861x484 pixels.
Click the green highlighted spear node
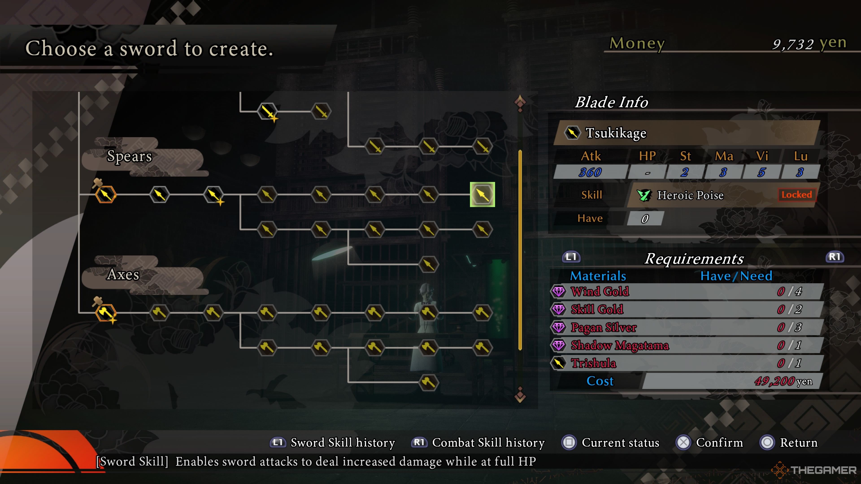point(482,194)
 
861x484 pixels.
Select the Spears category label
point(129,156)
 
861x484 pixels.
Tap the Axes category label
point(123,274)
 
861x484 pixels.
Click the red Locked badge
point(796,194)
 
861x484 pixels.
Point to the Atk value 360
point(590,172)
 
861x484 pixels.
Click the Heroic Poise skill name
point(690,195)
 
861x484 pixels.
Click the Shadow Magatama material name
point(620,345)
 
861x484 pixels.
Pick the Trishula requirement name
point(593,363)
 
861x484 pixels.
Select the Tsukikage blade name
point(616,133)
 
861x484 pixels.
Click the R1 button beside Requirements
point(835,257)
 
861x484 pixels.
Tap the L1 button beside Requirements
point(571,257)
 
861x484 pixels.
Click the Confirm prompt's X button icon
point(683,443)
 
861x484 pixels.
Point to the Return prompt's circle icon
point(767,443)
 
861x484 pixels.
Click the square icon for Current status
point(569,443)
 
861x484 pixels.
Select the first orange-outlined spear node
point(106,194)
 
